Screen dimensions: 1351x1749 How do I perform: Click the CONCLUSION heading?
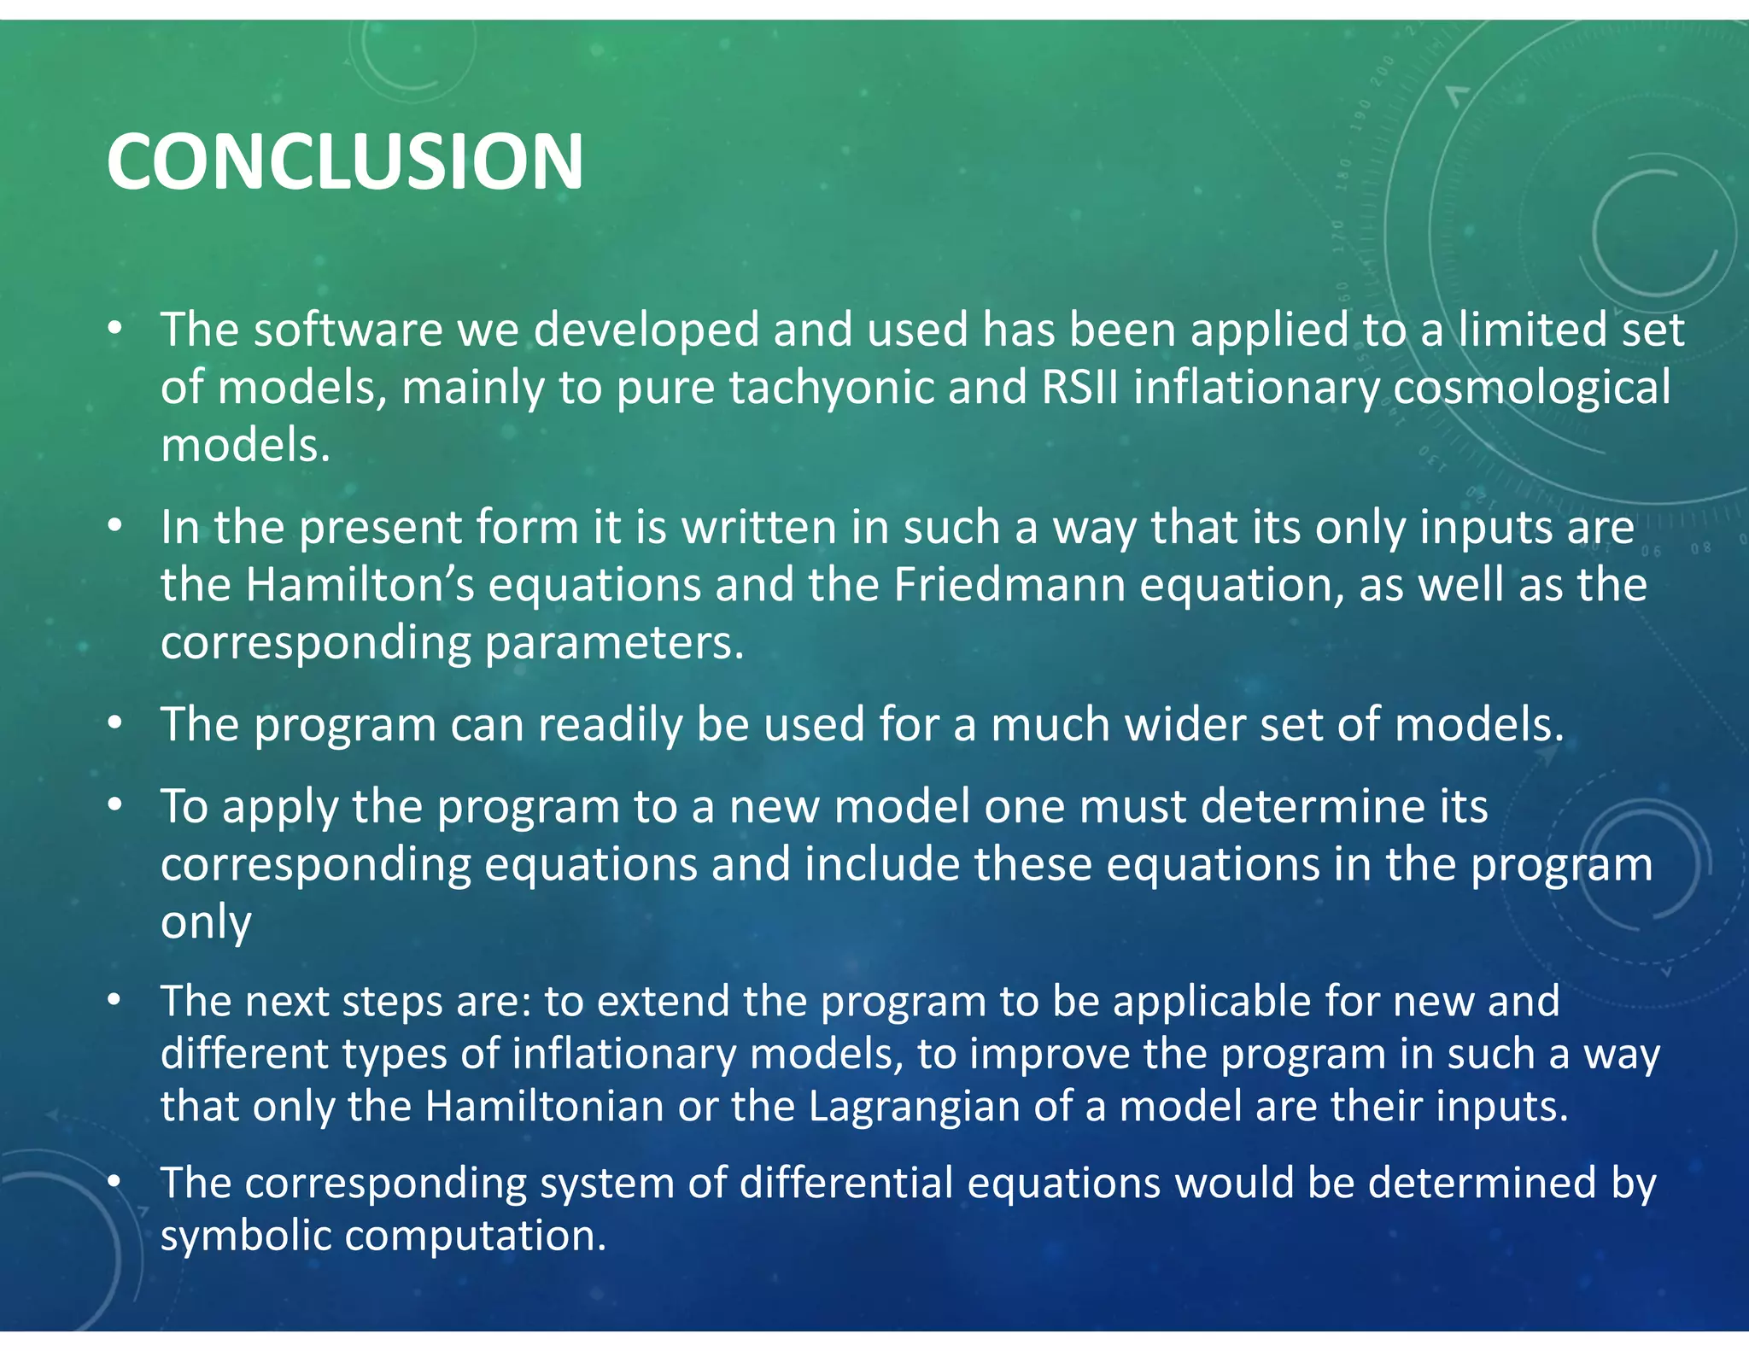pos(345,161)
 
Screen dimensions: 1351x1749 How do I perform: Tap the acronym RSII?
pos(1079,387)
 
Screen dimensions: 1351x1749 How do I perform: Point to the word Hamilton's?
pos(360,585)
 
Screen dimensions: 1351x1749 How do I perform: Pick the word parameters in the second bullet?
pos(615,643)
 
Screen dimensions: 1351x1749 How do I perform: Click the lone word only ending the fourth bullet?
pos(206,922)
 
